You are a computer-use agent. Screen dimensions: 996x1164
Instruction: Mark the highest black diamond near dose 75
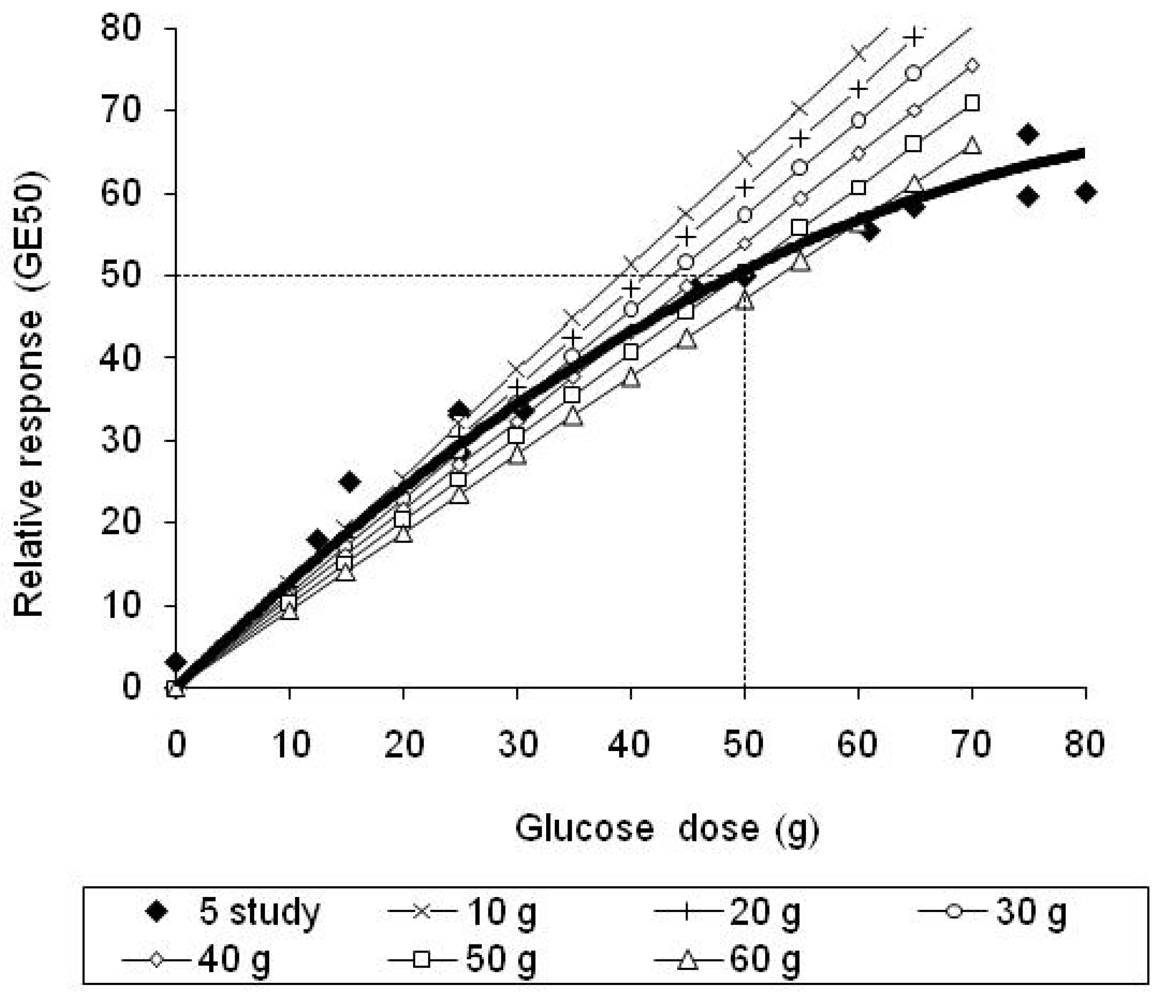[1028, 134]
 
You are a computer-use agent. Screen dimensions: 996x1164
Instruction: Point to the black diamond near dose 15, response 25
[349, 482]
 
